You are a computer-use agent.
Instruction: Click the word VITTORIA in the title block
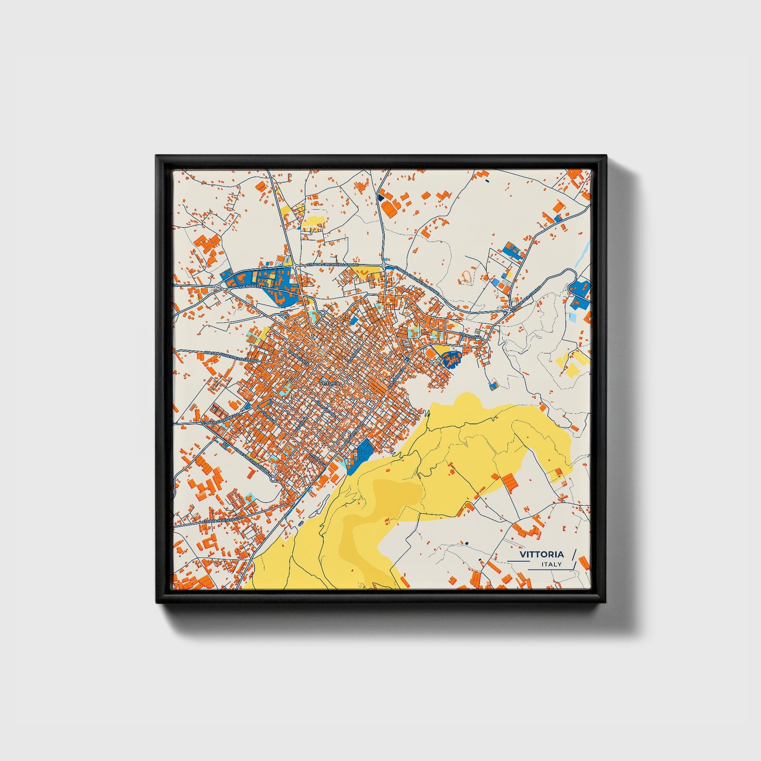(541, 554)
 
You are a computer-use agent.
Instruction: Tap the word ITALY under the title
(551, 564)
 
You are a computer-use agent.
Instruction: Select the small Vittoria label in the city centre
(330, 382)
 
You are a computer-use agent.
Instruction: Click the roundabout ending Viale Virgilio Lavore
(272, 478)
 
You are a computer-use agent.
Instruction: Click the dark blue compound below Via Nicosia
(450, 360)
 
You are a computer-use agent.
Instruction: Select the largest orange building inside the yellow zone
(509, 480)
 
